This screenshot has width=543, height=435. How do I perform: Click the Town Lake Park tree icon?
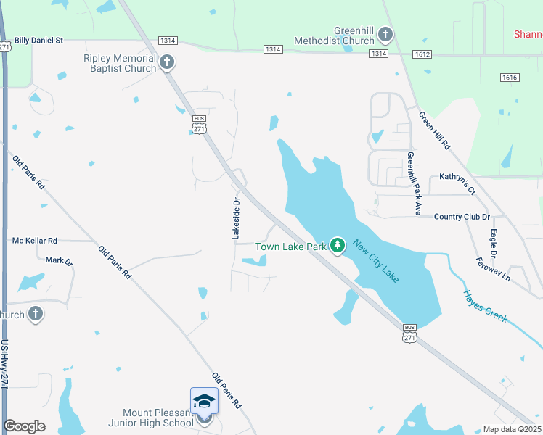337,246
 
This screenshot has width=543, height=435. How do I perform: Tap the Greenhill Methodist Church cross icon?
385,34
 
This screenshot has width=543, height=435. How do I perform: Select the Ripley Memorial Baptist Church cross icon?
167,62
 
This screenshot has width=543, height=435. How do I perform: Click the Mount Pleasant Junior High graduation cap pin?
204,402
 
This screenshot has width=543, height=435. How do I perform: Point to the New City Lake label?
376,261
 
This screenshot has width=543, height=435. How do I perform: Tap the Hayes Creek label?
485,307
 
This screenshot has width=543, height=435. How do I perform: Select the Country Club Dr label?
462,217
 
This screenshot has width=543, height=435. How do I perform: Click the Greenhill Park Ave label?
414,184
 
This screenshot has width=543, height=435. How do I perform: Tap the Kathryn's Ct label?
457,182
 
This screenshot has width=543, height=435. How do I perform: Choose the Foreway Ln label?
494,268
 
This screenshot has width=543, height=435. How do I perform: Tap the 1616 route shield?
510,77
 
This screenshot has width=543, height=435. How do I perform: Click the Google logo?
25,426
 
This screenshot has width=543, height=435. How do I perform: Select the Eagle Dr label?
491,244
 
